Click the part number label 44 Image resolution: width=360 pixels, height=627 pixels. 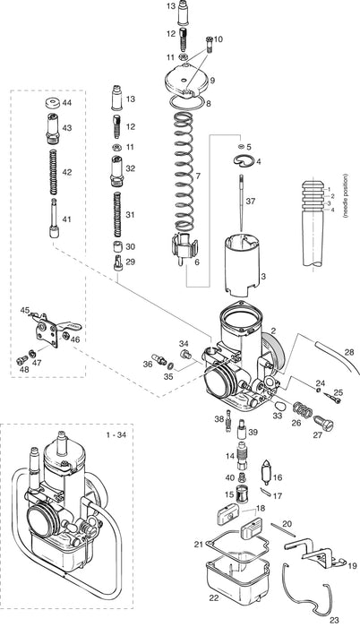[66, 104]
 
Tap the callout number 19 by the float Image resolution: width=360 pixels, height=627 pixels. [352, 566]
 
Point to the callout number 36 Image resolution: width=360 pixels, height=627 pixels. [148, 364]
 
